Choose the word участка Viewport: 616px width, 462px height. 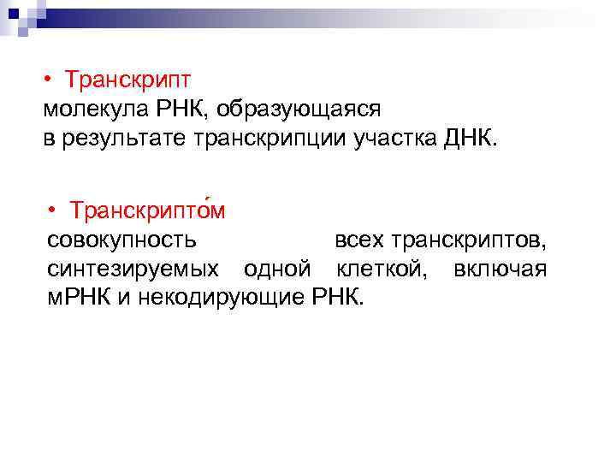tap(402, 139)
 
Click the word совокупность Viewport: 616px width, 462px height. tap(121, 239)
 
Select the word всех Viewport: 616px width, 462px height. tap(358, 239)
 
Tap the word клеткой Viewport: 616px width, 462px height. tap(378, 269)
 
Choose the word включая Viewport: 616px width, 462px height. tap(500, 269)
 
